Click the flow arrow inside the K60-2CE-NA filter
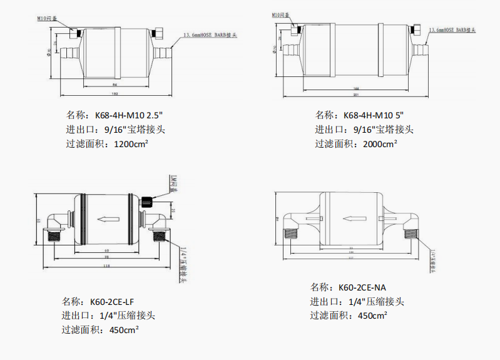353,219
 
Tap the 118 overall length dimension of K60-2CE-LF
106,267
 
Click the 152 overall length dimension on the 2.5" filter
115,94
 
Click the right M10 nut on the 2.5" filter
156,33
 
